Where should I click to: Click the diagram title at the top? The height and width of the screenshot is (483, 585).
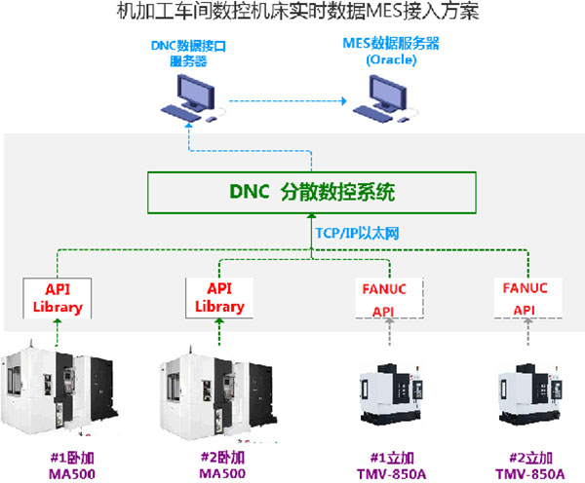[292, 14]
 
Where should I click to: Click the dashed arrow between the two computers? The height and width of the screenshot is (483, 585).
[283, 101]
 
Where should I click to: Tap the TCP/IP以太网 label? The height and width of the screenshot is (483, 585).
[356, 235]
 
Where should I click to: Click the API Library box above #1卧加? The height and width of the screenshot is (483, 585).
[56, 297]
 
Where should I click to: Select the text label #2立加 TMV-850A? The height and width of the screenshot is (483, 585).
[531, 464]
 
